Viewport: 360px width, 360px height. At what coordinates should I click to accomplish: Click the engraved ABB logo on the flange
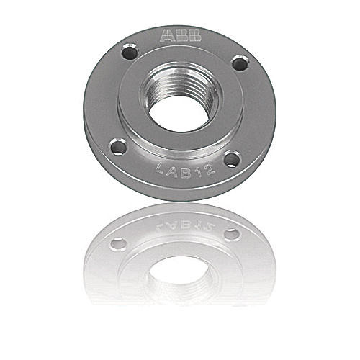[181, 35]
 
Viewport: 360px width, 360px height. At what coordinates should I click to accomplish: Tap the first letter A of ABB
[167, 35]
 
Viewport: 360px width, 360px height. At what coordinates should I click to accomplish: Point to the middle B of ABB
[181, 35]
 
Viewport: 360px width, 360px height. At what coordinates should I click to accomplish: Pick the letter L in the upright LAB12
[160, 169]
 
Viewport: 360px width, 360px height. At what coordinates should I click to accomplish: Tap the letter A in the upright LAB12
[171, 171]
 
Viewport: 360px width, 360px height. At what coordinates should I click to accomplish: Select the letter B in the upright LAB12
[181, 172]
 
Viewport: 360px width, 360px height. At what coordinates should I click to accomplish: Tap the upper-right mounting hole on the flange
[239, 64]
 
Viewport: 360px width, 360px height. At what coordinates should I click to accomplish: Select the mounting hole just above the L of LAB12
[118, 148]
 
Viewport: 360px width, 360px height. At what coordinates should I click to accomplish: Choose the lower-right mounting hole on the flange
[231, 160]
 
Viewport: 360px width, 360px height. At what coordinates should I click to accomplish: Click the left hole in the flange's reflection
[118, 244]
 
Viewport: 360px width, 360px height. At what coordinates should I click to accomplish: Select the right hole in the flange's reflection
[231, 234]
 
